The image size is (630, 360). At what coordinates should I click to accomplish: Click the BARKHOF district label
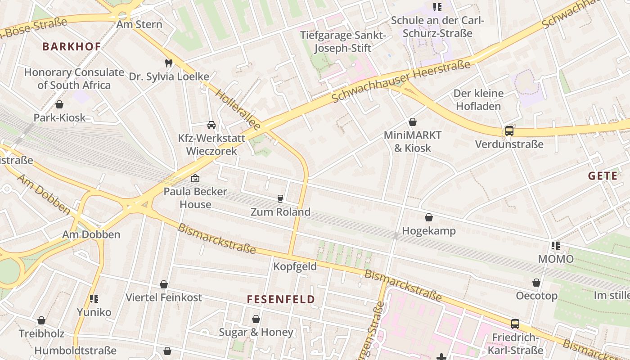pyautogui.click(x=72, y=46)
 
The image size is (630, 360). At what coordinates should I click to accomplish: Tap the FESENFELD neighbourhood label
pyautogui.click(x=281, y=299)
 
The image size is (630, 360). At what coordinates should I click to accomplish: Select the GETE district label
pyautogui.click(x=603, y=176)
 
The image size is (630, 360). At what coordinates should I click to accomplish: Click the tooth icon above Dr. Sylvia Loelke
pyautogui.click(x=169, y=63)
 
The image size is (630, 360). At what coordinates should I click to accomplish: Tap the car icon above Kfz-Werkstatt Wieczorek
pyautogui.click(x=211, y=125)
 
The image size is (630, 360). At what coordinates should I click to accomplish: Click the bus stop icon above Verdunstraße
pyautogui.click(x=509, y=131)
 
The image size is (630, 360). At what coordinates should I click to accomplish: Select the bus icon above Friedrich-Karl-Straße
pyautogui.click(x=515, y=324)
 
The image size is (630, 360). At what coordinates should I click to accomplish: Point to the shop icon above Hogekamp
pyautogui.click(x=429, y=217)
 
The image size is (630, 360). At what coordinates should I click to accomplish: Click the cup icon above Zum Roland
pyautogui.click(x=280, y=198)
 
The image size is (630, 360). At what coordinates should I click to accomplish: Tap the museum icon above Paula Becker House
pyautogui.click(x=195, y=178)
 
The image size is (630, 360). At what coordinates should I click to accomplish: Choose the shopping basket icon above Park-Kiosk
pyautogui.click(x=59, y=104)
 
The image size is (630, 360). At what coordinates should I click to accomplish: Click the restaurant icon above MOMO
pyautogui.click(x=556, y=246)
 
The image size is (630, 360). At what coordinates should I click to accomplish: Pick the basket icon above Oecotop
pyautogui.click(x=536, y=283)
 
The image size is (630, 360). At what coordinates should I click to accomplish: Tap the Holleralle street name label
pyautogui.click(x=238, y=110)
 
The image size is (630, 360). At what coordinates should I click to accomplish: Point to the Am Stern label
pyautogui.click(x=139, y=24)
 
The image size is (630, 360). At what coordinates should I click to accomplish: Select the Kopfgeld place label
pyautogui.click(x=295, y=266)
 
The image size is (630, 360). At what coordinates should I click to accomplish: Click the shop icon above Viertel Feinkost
pyautogui.click(x=164, y=284)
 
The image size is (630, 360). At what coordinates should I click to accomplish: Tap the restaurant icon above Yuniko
pyautogui.click(x=94, y=299)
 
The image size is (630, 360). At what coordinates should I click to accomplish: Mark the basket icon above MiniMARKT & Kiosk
pyautogui.click(x=413, y=122)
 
